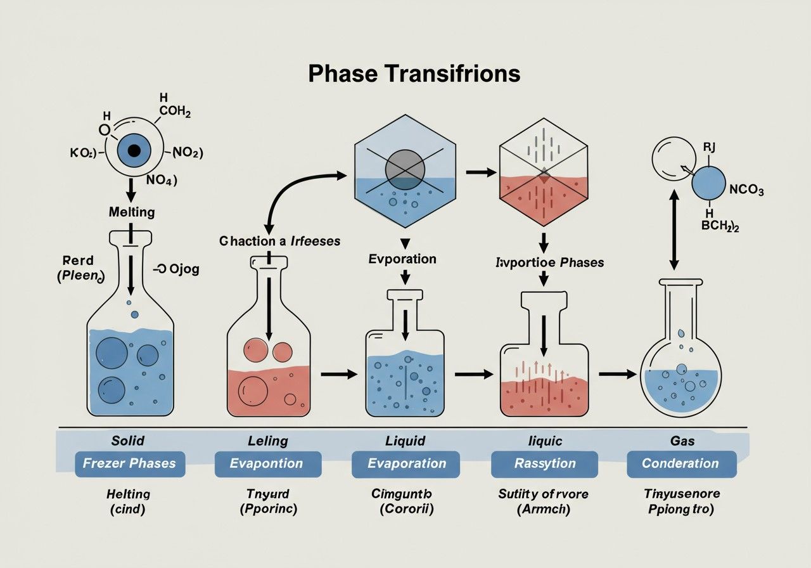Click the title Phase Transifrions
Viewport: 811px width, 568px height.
pyautogui.click(x=414, y=74)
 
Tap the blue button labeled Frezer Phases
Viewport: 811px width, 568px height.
pyautogui.click(x=130, y=463)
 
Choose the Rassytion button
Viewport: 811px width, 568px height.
pyautogui.click(x=545, y=463)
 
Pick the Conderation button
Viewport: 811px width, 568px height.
pyautogui.click(x=681, y=463)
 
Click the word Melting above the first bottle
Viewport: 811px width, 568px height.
pyautogui.click(x=132, y=212)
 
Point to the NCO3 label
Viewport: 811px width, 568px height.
pyautogui.click(x=746, y=190)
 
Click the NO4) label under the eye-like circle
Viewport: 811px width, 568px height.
pyautogui.click(x=162, y=179)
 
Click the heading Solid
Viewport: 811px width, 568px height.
pyautogui.click(x=128, y=441)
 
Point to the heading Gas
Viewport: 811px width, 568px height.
pyautogui.click(x=682, y=441)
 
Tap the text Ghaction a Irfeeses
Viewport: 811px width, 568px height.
pyautogui.click(x=279, y=242)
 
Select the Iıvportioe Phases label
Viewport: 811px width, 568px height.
pyautogui.click(x=549, y=262)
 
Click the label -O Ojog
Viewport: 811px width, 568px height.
pyautogui.click(x=176, y=269)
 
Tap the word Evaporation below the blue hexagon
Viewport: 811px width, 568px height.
pyautogui.click(x=402, y=259)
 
